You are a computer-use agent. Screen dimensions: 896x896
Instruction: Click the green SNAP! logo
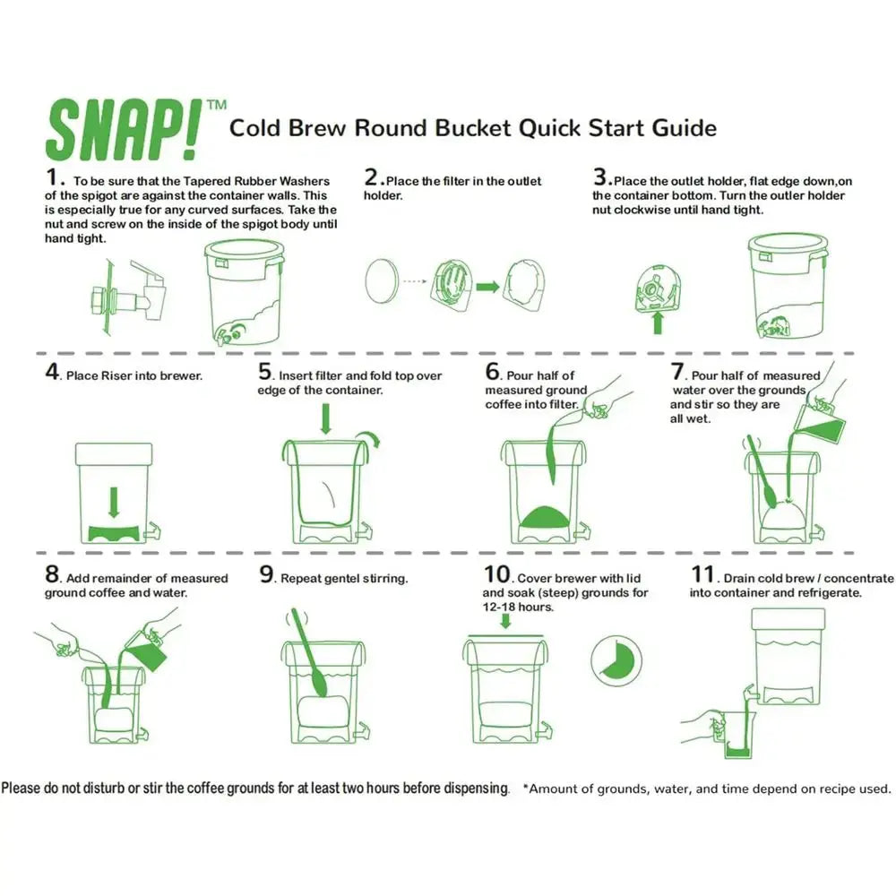point(123,129)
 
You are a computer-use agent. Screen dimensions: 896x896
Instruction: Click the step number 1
point(51,177)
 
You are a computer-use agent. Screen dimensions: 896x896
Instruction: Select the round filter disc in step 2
point(381,281)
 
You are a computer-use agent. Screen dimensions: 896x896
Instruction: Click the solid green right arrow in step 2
point(488,286)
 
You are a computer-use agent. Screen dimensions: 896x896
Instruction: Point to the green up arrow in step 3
point(657,323)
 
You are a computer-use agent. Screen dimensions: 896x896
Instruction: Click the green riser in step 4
point(114,532)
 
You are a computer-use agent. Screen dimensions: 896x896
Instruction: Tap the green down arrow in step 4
point(114,503)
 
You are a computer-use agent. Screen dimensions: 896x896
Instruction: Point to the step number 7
point(677,372)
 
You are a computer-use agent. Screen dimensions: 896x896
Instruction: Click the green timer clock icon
point(616,660)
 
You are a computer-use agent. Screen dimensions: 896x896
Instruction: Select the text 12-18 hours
point(518,607)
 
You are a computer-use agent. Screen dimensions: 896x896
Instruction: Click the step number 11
point(703,574)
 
